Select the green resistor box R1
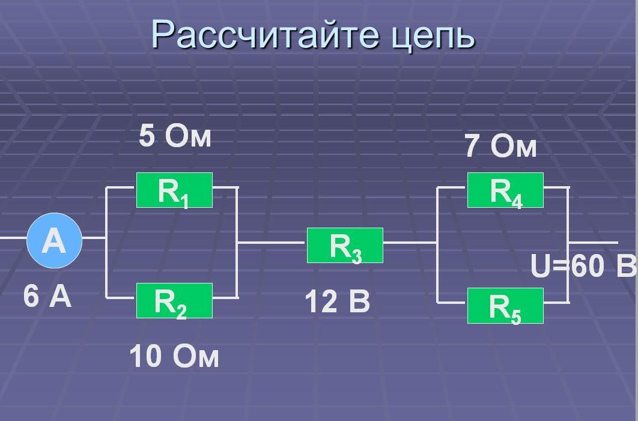coord(174,190)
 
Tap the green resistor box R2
coord(174,300)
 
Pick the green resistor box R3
coord(345,245)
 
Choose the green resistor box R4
coord(505,190)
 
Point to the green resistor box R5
coord(505,305)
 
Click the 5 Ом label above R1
coord(175,136)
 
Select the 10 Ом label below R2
coord(174,356)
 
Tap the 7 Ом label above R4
coord(500,147)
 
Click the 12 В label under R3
coord(337,301)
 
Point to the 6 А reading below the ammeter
coord(47,296)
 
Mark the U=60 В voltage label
coord(583,267)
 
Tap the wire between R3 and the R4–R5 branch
coord(410,243)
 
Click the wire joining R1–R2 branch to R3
coord(272,243)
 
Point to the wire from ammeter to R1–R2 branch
coord(94,238)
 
